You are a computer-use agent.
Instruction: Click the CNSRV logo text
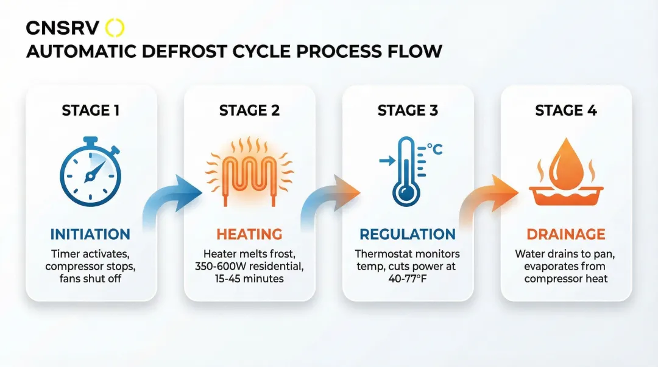[x=62, y=28]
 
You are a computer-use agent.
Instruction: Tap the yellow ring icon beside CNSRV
[x=115, y=28]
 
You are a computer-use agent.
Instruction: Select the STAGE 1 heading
[x=91, y=110]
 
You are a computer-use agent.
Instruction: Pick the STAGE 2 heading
[x=249, y=110]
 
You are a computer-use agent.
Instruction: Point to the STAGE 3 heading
[x=408, y=110]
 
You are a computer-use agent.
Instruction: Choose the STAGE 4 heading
[x=566, y=110]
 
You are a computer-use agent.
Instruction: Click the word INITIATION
[x=90, y=234]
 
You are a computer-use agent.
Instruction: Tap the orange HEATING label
[x=250, y=234]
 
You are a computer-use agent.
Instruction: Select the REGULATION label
[x=408, y=234]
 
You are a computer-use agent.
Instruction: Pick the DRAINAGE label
[x=567, y=234]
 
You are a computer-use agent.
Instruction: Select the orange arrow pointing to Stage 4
[x=487, y=198]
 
